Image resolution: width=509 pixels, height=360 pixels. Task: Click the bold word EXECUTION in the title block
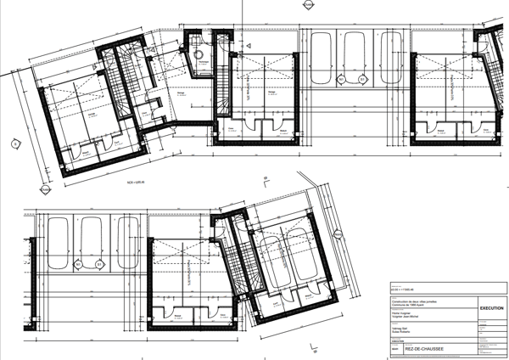click(x=492, y=309)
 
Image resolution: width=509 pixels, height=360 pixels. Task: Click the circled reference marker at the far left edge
click(x=14, y=144)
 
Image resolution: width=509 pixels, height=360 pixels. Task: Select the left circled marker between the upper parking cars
click(x=339, y=80)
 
